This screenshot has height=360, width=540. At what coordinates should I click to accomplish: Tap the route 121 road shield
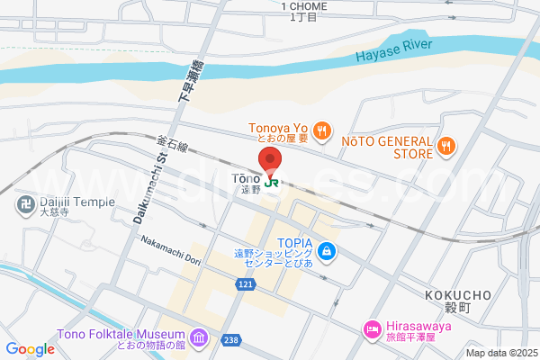point(246,284)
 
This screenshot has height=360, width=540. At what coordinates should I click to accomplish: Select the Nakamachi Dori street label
point(170,254)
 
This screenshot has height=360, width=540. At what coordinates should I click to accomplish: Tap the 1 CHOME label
point(303,6)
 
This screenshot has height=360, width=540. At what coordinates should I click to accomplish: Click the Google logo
point(30,349)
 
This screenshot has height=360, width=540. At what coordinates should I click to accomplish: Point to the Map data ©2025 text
point(499,352)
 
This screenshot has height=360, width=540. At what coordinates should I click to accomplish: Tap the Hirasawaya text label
point(422,326)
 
